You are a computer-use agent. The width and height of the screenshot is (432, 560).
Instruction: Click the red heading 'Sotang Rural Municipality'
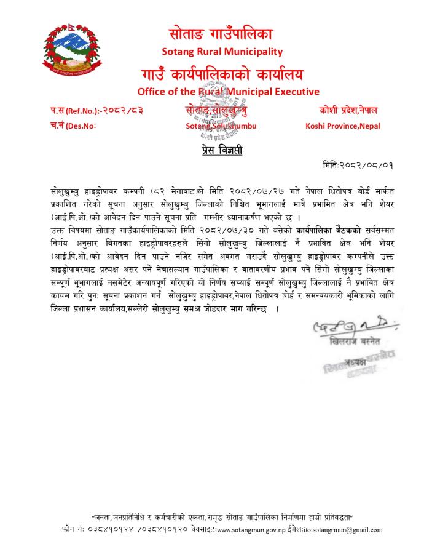[222, 51]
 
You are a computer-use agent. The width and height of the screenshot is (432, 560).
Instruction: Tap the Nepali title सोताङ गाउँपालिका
[221, 33]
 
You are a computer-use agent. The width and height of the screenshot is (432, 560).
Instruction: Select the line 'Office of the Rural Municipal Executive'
[229, 92]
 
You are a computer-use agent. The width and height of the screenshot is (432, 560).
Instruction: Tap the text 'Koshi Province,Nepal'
[342, 126]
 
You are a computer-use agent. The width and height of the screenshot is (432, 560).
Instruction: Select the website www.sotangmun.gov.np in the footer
[251, 530]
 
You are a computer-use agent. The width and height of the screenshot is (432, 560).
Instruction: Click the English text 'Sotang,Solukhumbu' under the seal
[221, 126]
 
